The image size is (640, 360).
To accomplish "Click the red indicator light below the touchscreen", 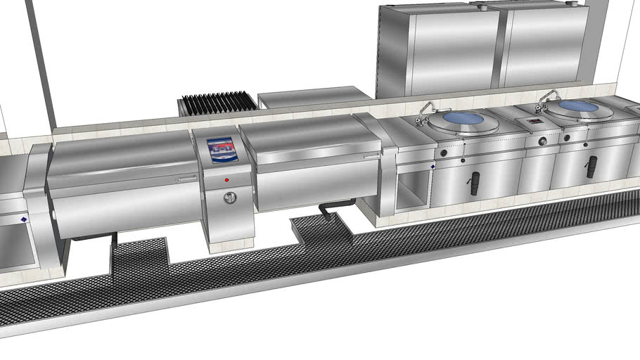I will point(226,180).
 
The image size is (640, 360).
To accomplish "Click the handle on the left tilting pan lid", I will point(186,179).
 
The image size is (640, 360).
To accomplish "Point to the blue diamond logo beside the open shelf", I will point(432,167).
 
